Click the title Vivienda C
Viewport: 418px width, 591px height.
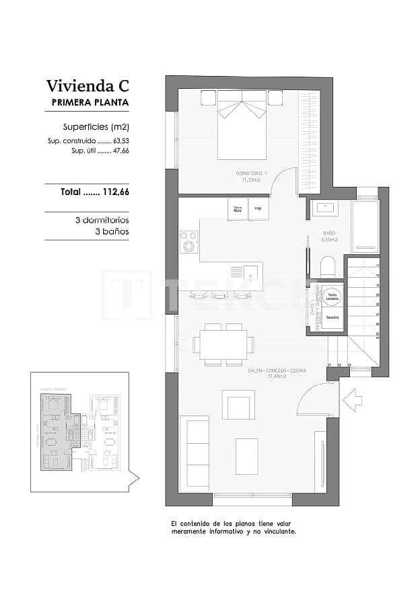click(87, 85)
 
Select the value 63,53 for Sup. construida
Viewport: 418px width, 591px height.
click(120, 141)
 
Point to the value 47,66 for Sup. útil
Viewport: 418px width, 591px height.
click(120, 151)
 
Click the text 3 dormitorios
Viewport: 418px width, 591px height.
click(102, 220)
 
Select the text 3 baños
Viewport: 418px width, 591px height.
click(112, 231)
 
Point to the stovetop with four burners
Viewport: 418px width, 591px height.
click(189, 241)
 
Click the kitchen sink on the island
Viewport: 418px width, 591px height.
click(249, 272)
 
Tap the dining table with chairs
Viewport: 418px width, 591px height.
click(223, 345)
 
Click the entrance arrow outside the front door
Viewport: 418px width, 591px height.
click(352, 402)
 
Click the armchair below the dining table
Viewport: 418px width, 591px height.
click(238, 405)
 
